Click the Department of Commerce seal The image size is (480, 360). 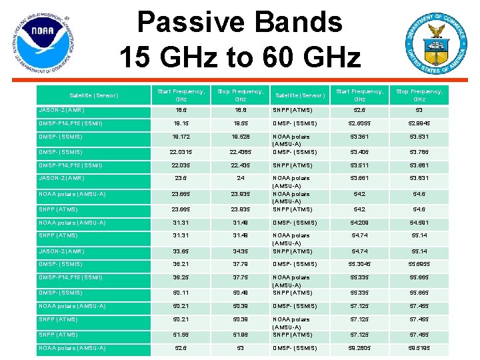click(x=435, y=43)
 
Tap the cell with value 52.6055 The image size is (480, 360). click(x=359, y=123)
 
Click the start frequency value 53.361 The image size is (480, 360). click(x=359, y=137)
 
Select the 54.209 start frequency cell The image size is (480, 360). click(x=359, y=223)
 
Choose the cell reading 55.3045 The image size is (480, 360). click(x=359, y=264)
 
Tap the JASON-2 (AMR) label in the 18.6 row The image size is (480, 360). click(x=61, y=110)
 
